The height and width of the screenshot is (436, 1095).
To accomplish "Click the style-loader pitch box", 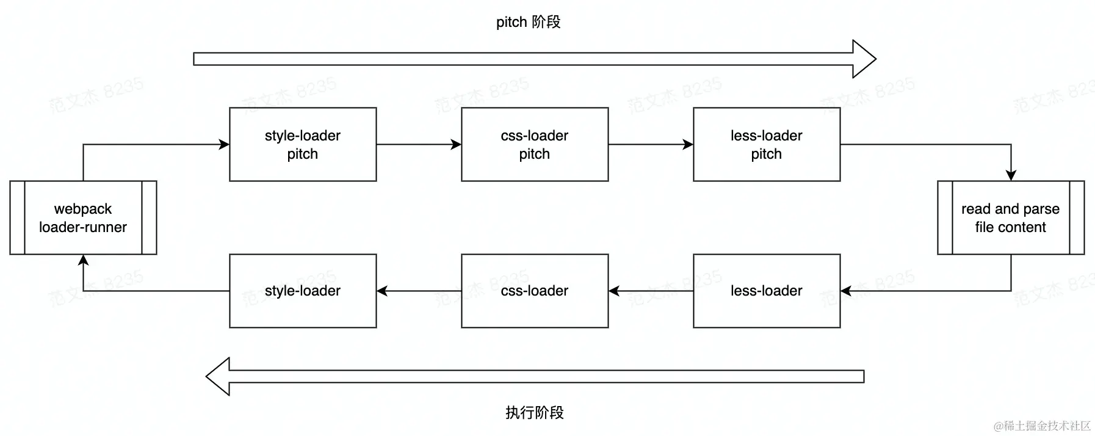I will click(x=303, y=145).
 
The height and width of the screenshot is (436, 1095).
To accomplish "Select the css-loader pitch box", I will click(x=535, y=145).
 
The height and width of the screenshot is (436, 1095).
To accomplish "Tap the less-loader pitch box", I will click(x=767, y=145).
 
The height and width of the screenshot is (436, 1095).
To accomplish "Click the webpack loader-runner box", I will click(x=83, y=218).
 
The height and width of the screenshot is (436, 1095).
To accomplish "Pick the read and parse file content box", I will click(x=1011, y=218).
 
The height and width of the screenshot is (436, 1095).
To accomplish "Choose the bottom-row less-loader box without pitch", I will click(x=767, y=291).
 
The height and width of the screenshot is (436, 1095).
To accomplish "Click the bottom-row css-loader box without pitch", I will click(x=535, y=291).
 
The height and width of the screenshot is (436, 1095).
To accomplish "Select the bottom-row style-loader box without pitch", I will click(x=303, y=291).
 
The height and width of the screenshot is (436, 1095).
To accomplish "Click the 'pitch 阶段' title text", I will click(x=528, y=23).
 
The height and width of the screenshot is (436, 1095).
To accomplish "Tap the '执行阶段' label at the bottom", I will click(x=535, y=413).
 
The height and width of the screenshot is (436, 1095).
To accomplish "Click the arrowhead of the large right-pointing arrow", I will click(x=864, y=59).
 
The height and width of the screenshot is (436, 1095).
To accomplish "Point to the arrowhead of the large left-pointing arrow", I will click(x=219, y=377).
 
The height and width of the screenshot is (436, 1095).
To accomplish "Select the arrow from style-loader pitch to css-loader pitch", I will click(x=419, y=145).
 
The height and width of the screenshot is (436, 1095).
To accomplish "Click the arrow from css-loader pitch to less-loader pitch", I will click(x=651, y=145).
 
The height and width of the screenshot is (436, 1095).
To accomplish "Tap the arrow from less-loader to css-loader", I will click(x=651, y=291).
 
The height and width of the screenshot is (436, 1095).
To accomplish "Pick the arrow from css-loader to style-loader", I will click(x=419, y=291).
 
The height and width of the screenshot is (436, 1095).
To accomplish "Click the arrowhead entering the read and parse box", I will click(x=1011, y=176).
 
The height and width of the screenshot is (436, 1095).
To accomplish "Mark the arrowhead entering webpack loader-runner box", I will click(x=83, y=260).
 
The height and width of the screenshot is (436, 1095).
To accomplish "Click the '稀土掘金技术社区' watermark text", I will click(x=1042, y=426).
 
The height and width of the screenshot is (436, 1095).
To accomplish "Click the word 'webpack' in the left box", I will click(x=83, y=209).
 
